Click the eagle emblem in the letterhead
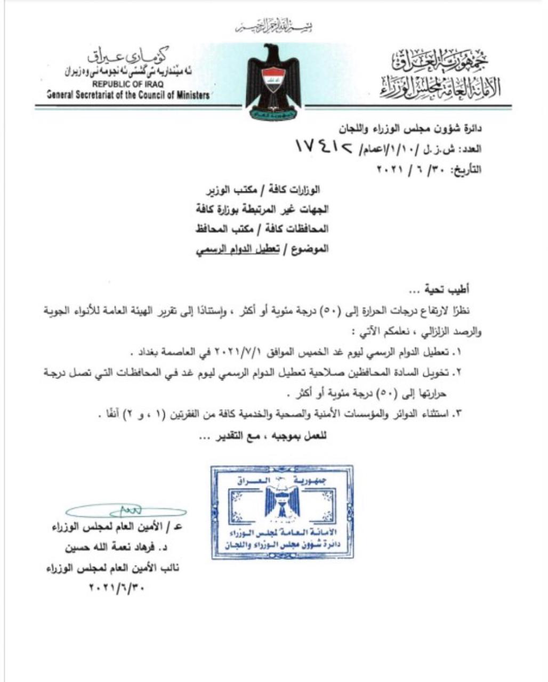tap(273, 80)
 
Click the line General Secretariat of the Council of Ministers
tap(128, 95)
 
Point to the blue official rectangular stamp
tap(282, 511)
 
